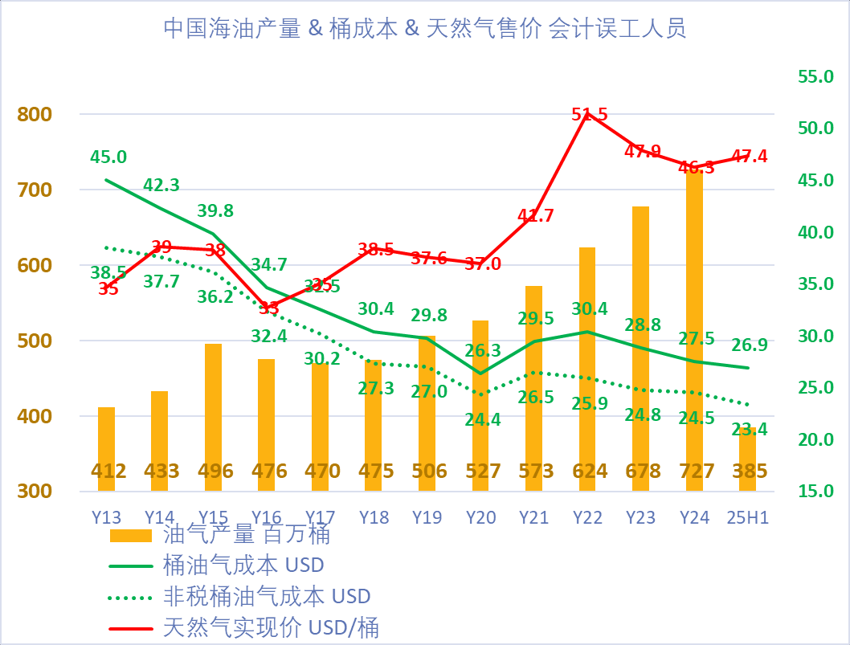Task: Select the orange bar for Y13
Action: (107, 449)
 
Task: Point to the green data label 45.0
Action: (108, 157)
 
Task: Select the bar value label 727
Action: (694, 472)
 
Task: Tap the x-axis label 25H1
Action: (747, 517)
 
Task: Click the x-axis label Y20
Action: (480, 517)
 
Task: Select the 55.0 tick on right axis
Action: (815, 76)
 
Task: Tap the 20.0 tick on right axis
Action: (815, 439)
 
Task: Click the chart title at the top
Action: (424, 29)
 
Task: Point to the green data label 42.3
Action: (161, 185)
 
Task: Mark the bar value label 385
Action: (747, 472)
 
